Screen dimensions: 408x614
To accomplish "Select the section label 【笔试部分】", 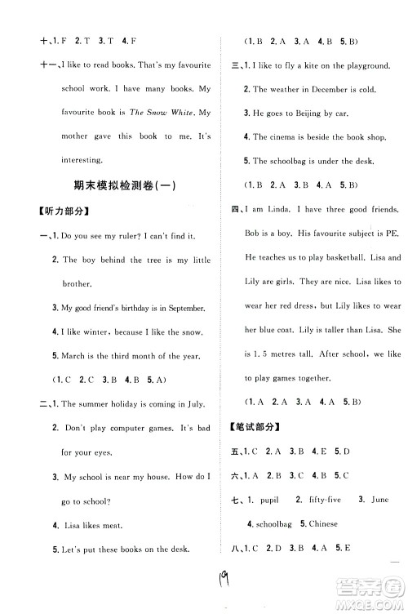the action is click(257, 427).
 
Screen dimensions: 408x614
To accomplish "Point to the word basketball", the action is click(342, 258).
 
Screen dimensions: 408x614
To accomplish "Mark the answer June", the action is click(379, 499).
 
